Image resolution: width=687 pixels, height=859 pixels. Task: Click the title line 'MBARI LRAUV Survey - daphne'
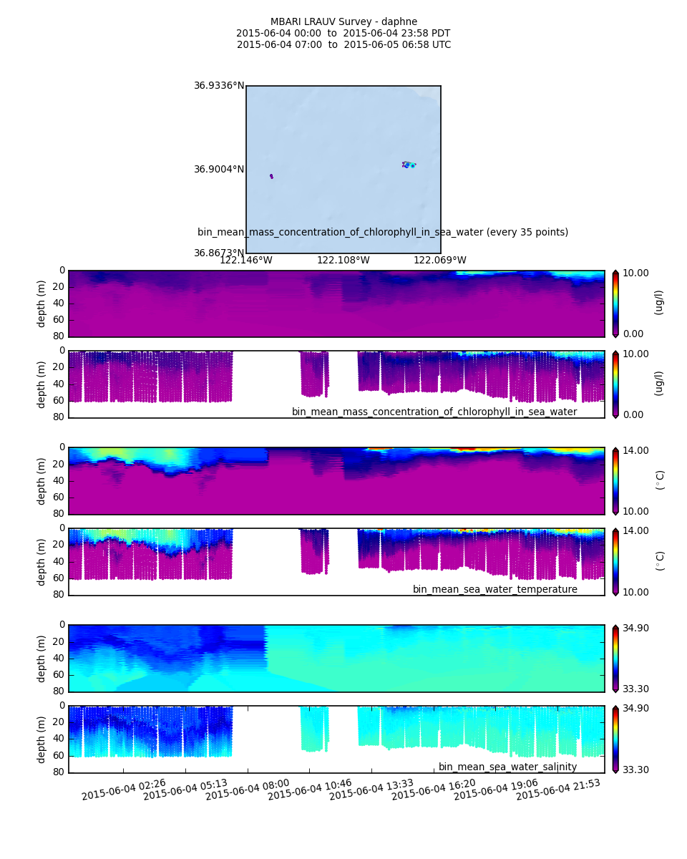pos(343,21)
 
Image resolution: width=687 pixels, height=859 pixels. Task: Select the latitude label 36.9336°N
pos(219,86)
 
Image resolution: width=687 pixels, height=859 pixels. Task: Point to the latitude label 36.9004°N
pos(219,170)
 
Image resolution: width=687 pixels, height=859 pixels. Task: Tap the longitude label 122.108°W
pos(343,260)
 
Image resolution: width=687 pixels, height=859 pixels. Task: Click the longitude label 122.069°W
pos(440,260)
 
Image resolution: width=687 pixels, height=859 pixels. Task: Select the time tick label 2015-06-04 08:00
pos(247,789)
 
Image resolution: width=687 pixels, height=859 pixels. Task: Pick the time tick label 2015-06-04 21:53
pos(558,789)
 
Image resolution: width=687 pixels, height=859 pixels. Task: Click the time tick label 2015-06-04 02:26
pos(123,789)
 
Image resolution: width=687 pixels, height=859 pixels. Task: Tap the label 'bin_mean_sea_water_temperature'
pos(494,589)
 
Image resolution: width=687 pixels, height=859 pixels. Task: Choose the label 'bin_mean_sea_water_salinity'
pos(507,767)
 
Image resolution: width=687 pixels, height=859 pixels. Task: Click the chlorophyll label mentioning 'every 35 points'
pos(383,232)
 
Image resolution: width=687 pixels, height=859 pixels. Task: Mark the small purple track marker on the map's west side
pos(271,176)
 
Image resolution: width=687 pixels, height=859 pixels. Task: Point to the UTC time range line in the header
pos(343,44)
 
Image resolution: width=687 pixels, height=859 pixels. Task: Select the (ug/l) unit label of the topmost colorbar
pos(659,302)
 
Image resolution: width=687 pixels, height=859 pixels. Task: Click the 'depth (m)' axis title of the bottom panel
pos(42,739)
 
